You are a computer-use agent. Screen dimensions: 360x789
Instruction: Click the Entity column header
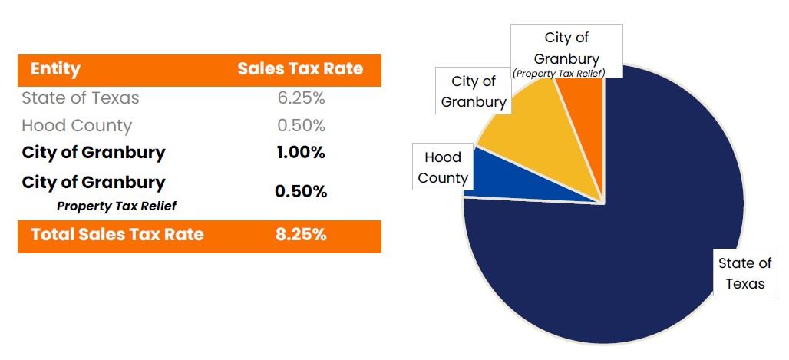(x=55, y=69)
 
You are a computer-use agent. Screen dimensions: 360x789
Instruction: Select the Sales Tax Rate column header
(x=300, y=69)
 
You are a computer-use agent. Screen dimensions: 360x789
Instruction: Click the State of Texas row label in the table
(x=81, y=98)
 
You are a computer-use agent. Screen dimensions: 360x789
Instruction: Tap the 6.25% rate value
(x=301, y=98)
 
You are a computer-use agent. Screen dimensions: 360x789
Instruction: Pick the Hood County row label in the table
(x=77, y=126)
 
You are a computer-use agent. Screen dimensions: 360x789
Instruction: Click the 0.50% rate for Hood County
(x=301, y=126)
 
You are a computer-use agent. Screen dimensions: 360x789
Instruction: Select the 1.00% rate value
(x=301, y=153)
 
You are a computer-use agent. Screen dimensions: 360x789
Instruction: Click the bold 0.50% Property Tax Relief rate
(x=301, y=191)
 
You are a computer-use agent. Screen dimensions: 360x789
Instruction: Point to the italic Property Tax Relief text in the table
(x=117, y=206)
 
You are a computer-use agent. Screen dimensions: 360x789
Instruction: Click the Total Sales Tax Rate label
(x=117, y=235)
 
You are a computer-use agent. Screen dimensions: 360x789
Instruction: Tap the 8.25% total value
(x=301, y=235)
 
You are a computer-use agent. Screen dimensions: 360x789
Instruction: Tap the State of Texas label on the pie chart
(x=744, y=273)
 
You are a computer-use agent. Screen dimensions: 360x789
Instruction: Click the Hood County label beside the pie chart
(x=443, y=167)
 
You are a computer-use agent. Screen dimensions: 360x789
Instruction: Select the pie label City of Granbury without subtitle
(x=474, y=91)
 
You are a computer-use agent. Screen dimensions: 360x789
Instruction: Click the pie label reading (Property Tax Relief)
(x=559, y=73)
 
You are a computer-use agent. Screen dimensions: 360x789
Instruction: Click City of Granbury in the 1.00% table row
(x=94, y=153)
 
